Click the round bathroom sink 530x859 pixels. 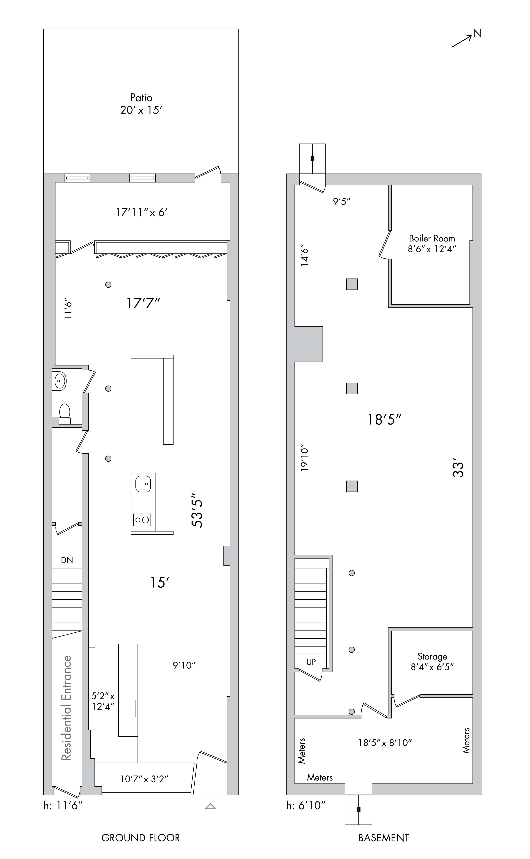(59, 381)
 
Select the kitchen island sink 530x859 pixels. (143, 484)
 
